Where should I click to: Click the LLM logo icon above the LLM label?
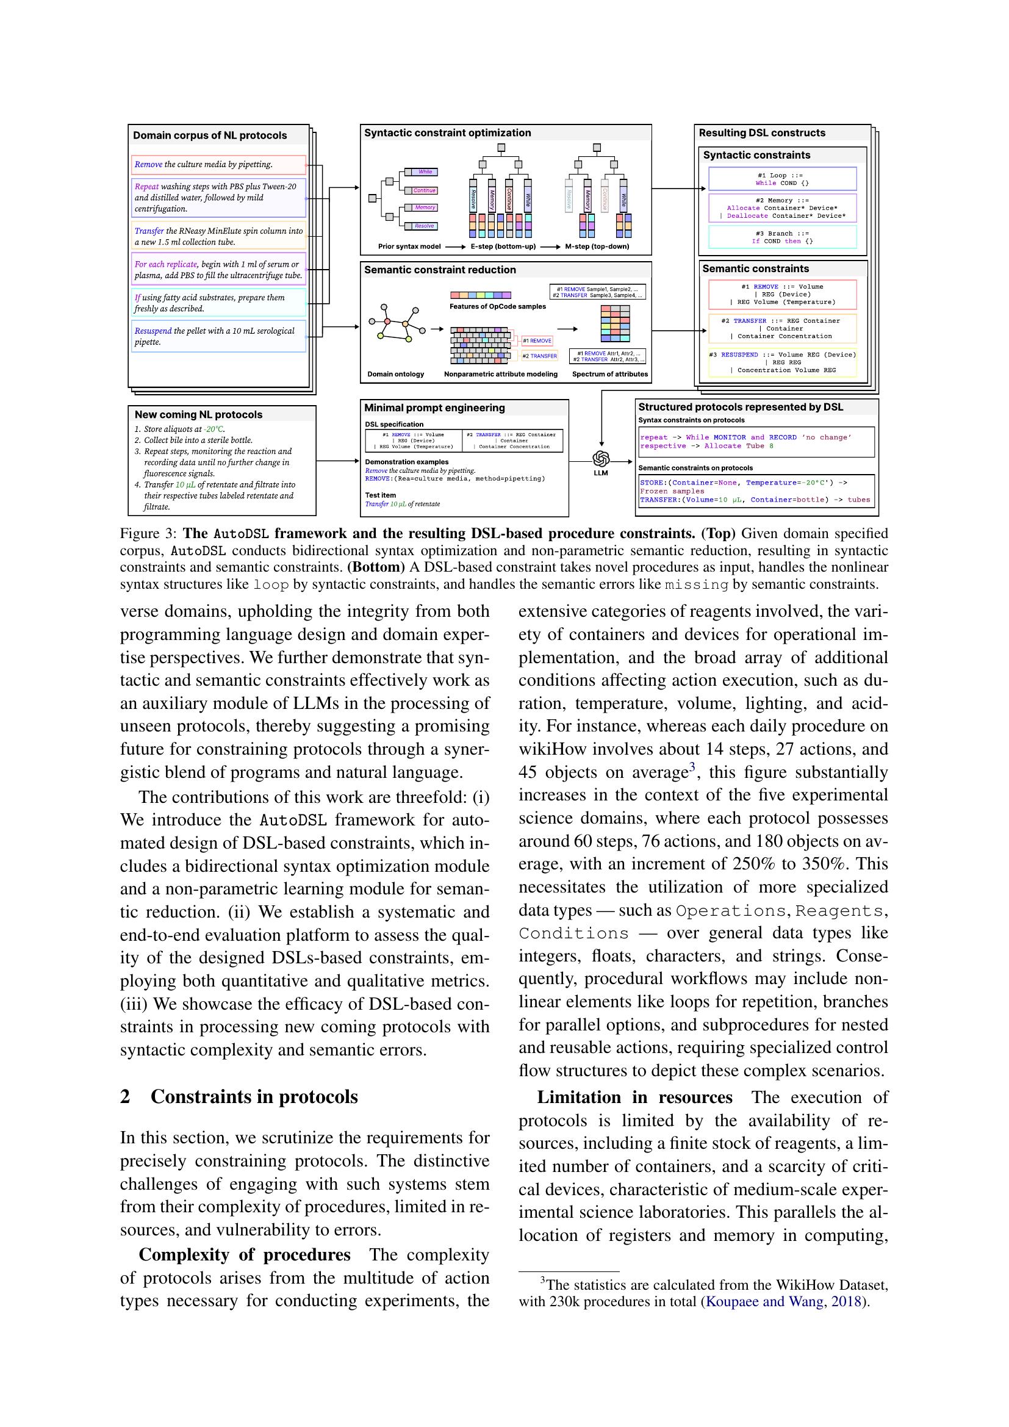click(x=600, y=459)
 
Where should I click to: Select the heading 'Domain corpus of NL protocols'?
click(x=210, y=135)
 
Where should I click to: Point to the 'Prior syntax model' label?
click(x=409, y=246)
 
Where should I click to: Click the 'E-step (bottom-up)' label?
click(x=503, y=246)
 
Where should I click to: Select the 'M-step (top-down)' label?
click(x=597, y=246)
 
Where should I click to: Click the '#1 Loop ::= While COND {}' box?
click(x=782, y=179)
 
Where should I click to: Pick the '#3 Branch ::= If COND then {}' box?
click(x=782, y=237)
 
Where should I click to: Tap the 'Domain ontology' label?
click(x=395, y=374)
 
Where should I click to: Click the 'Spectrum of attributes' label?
click(x=609, y=374)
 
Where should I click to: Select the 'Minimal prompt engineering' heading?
click(x=434, y=408)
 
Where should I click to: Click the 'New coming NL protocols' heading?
click(x=198, y=414)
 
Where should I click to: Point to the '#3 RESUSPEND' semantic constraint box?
click(x=782, y=362)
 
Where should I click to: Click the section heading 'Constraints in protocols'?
click(x=254, y=1096)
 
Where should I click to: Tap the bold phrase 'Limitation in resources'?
click(x=634, y=1098)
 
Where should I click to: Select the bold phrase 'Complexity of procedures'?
click(x=244, y=1255)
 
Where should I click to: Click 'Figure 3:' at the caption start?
click(x=148, y=533)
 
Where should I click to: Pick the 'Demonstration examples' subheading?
click(x=406, y=462)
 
